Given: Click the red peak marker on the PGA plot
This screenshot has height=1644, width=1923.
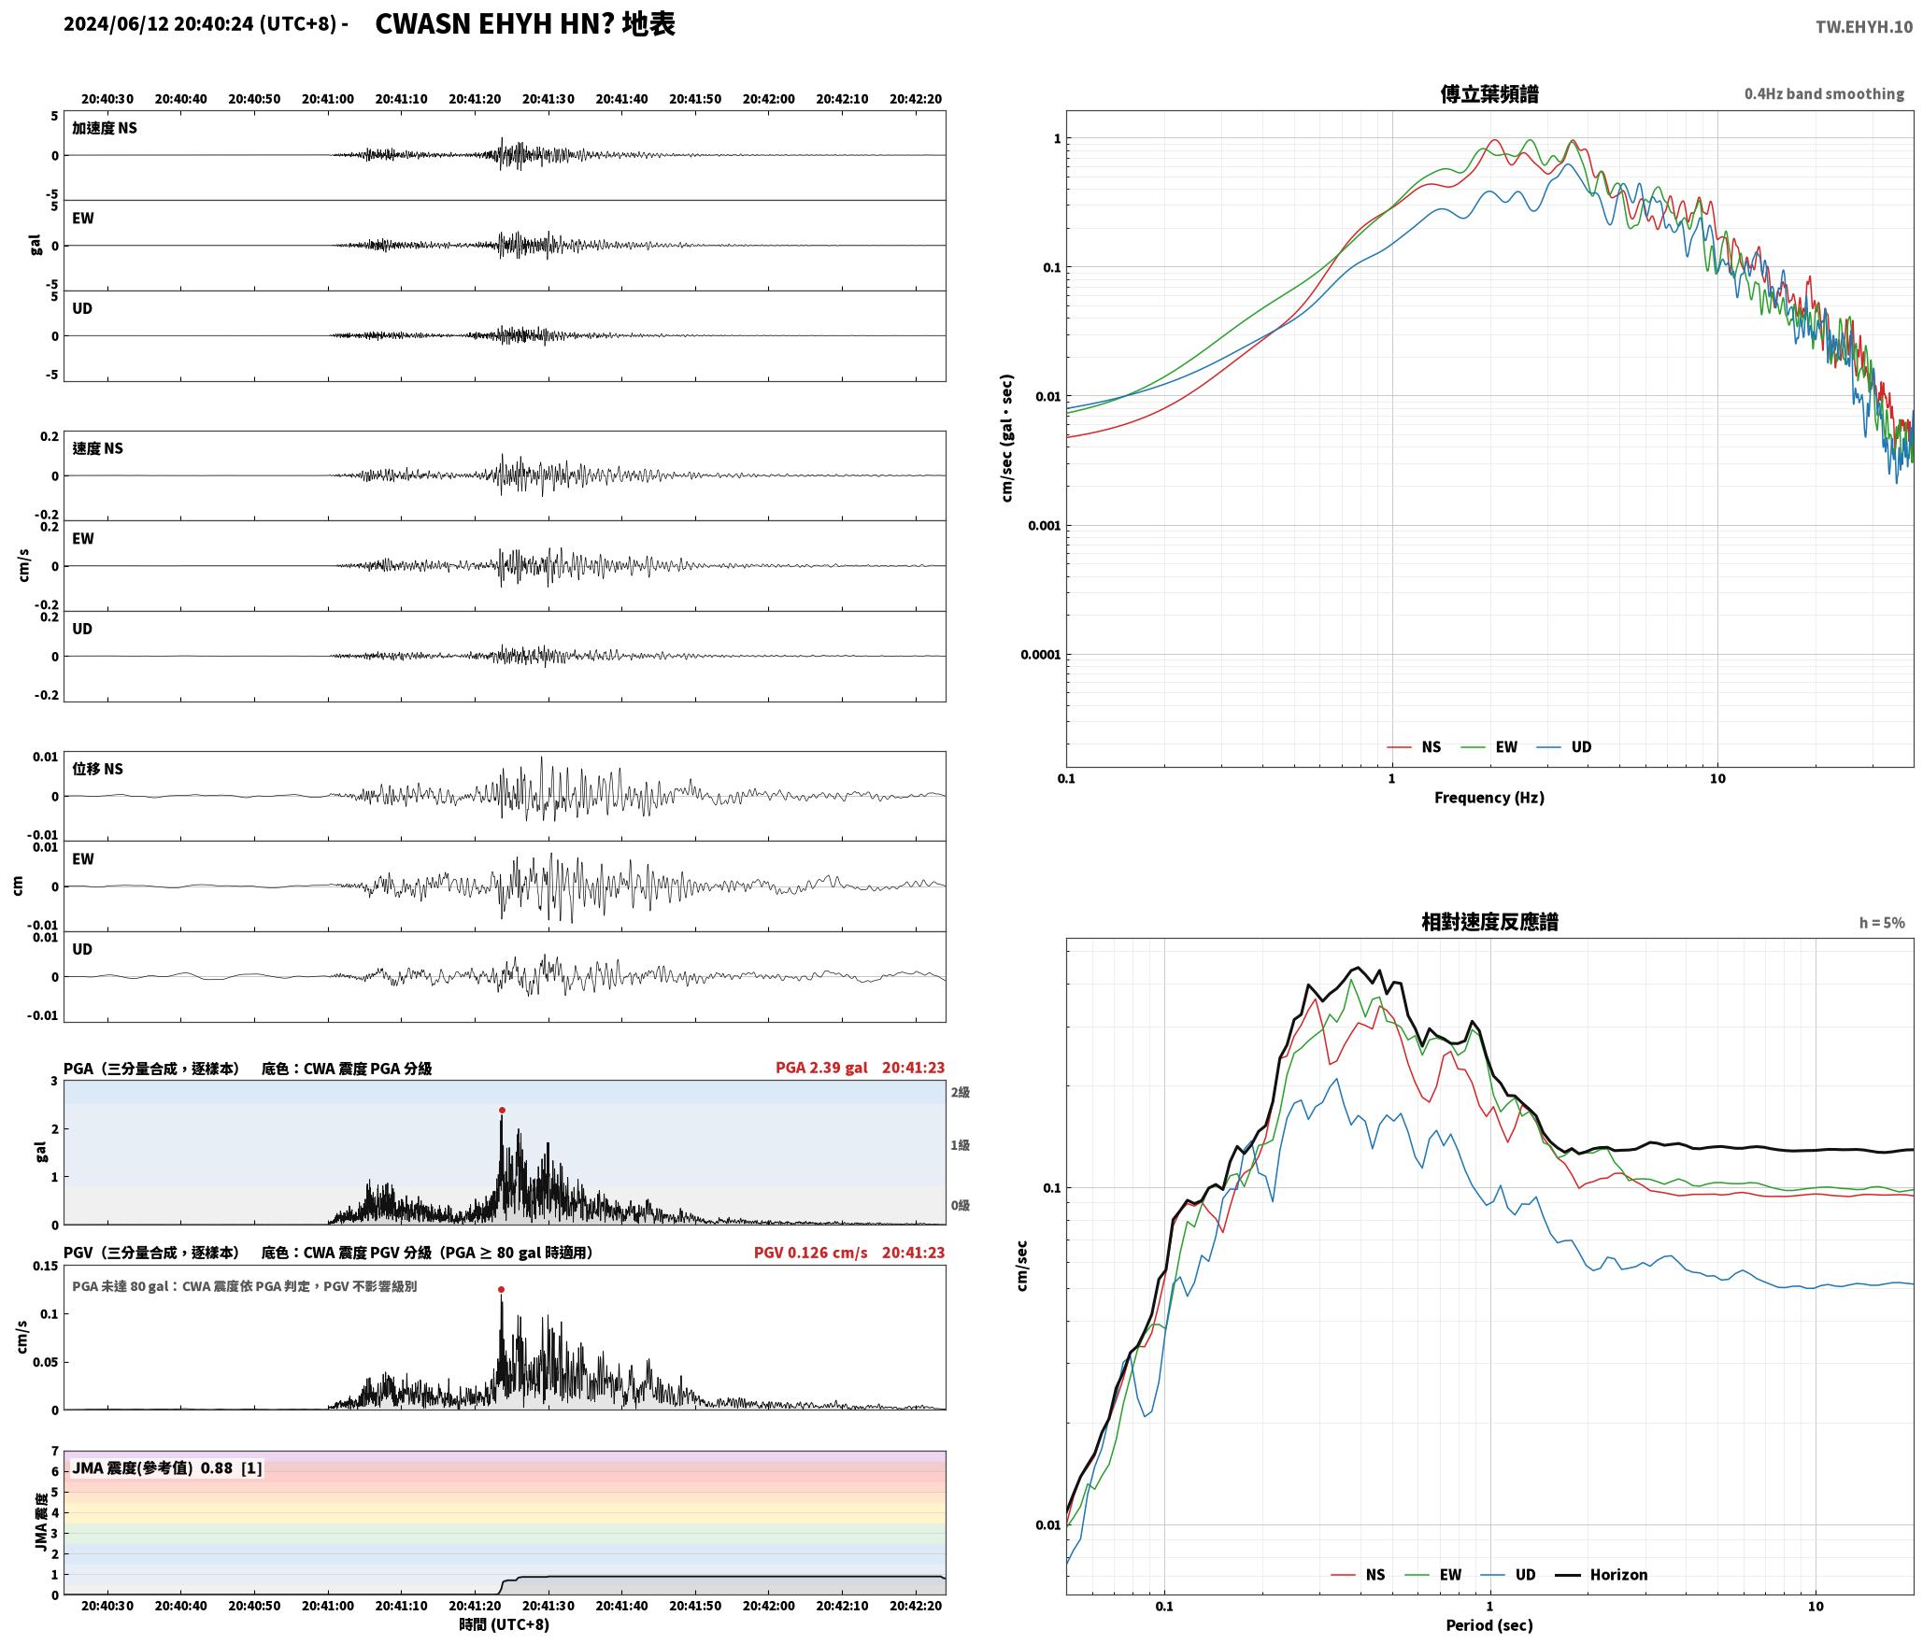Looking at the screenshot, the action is [x=502, y=1111].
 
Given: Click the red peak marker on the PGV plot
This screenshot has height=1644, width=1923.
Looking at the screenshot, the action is [x=501, y=1290].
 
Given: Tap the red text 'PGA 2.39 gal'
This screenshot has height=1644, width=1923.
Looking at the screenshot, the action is [x=821, y=1068].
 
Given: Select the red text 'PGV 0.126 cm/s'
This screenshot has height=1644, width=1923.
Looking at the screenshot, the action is [x=810, y=1253].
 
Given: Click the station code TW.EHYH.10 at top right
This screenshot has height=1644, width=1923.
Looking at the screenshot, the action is [x=1864, y=27].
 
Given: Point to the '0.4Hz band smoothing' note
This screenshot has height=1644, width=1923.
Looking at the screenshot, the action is [x=1824, y=93].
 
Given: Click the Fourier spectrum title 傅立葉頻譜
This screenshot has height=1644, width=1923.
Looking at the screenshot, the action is [x=1489, y=93].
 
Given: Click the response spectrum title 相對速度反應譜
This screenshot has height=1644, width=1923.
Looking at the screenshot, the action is [x=1489, y=922].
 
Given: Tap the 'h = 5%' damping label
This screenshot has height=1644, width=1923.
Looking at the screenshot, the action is [x=1882, y=923].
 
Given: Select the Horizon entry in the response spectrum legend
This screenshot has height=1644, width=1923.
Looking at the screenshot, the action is [x=1602, y=1575].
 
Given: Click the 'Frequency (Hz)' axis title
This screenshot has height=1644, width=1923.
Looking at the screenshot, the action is [x=1489, y=798].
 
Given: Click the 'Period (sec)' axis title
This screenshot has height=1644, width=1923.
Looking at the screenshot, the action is [x=1489, y=1625].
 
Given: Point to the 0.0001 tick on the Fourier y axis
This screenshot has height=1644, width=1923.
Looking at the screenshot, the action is [x=1040, y=655].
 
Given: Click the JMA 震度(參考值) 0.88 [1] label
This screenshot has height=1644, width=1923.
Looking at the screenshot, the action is [x=167, y=1468].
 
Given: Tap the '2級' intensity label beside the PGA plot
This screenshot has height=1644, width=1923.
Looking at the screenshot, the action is [x=961, y=1093].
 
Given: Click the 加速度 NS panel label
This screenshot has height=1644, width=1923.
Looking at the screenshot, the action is [x=105, y=128].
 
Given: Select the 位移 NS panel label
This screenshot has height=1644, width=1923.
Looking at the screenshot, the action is [x=98, y=769].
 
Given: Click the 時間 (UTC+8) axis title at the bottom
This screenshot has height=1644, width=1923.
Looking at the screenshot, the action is [x=505, y=1625].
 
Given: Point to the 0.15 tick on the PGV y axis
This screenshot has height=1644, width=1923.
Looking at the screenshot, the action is [x=45, y=1267].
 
